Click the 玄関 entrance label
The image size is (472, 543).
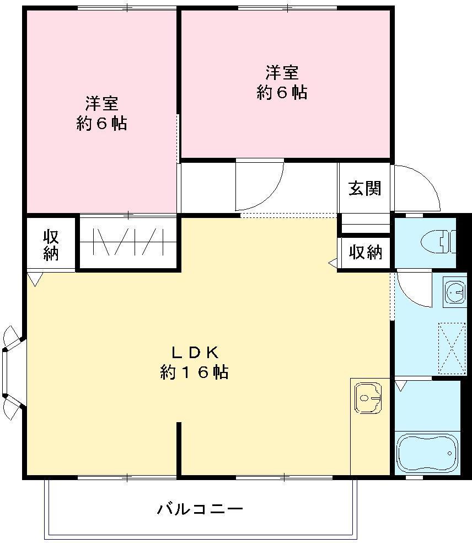pyautogui.click(x=364, y=189)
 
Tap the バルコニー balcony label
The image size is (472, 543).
pyautogui.click(x=200, y=508)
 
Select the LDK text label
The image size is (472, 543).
pyautogui.click(x=195, y=352)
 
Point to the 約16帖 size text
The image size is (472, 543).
pyautogui.click(x=195, y=373)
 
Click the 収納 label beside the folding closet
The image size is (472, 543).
pyautogui.click(x=51, y=245)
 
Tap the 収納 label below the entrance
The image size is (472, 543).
pyautogui.click(x=365, y=253)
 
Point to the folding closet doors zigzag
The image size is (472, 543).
pyautogui.click(x=130, y=242)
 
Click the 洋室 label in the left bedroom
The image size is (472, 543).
pyautogui.click(x=101, y=103)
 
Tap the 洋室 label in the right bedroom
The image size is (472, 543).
pyautogui.click(x=282, y=72)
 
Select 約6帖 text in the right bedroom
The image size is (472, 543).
pyautogui.click(x=282, y=93)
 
